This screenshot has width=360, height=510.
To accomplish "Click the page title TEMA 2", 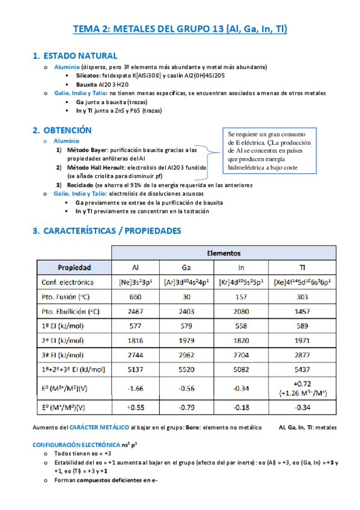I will pyautogui.click(x=180, y=28).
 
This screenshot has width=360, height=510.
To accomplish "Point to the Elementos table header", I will pyautogui.click(x=224, y=253).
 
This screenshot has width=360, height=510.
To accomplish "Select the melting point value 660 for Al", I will pyautogui.click(x=135, y=296).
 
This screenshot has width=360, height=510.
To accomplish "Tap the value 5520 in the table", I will pyautogui.click(x=187, y=369).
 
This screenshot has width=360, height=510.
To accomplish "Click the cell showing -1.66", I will pyautogui.click(x=135, y=388).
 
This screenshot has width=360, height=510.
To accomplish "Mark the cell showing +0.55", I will pyautogui.click(x=135, y=407).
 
